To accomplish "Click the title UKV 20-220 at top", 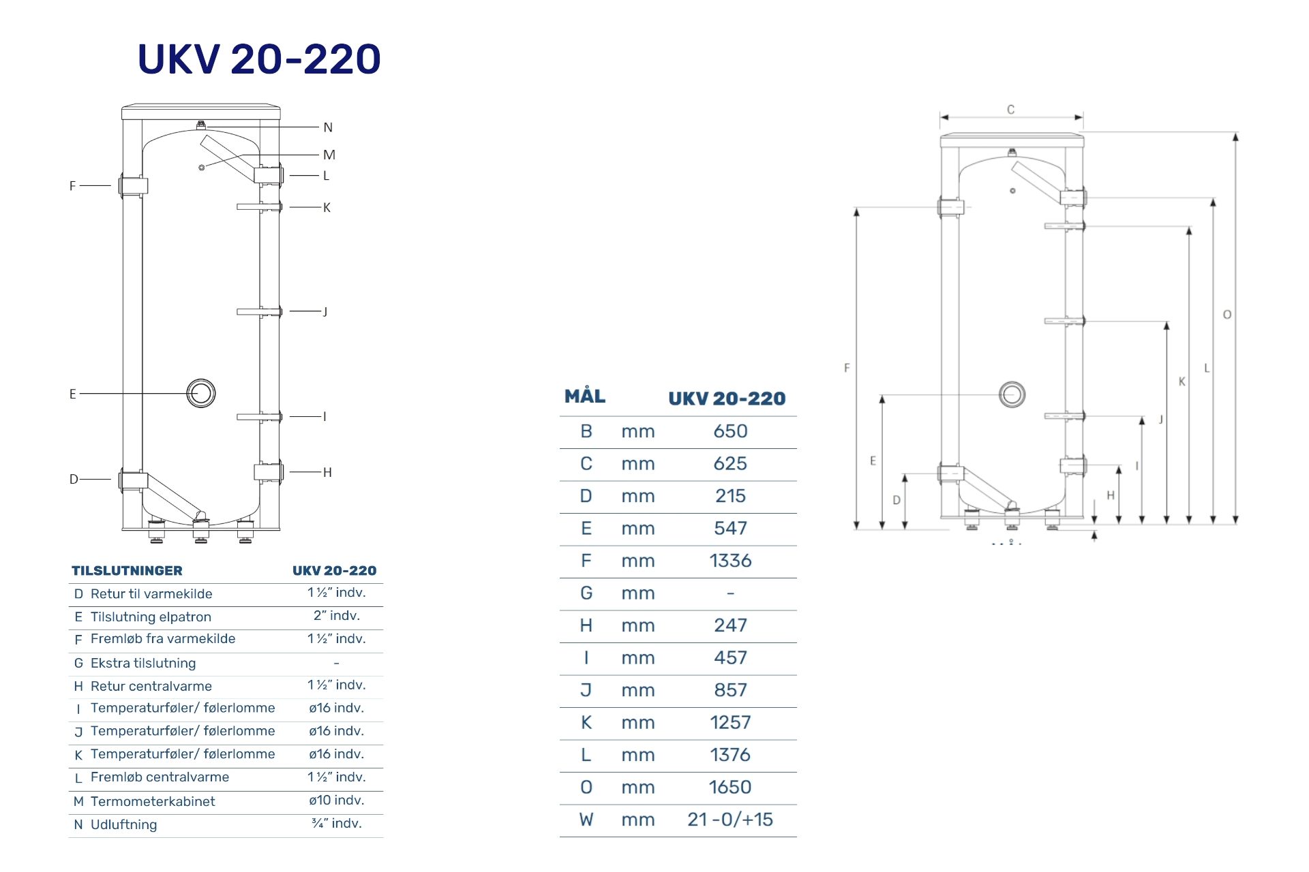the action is [259, 59].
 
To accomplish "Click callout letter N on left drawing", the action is [328, 127].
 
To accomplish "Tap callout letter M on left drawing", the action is [329, 155].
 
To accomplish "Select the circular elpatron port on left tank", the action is [201, 393].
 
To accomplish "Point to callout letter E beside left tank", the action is [73, 394].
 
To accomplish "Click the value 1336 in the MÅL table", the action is [730, 561].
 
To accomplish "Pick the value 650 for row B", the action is [730, 431].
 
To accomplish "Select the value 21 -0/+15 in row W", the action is [730, 820].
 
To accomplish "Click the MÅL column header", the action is [585, 396].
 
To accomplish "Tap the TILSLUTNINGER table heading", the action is [127, 571].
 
